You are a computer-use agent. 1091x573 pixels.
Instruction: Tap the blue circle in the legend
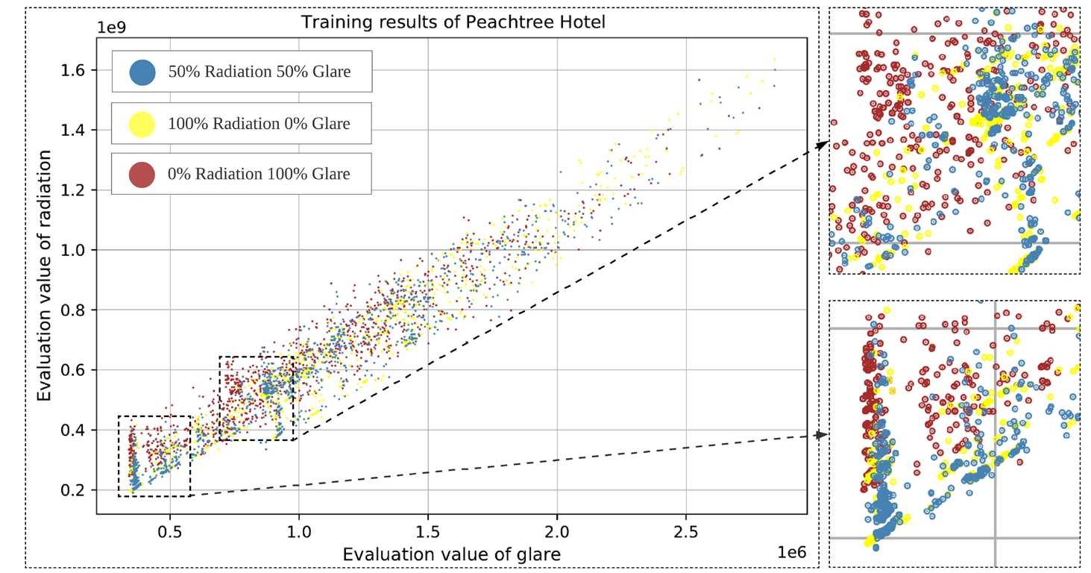142,72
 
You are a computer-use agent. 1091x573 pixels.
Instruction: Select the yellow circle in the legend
142,123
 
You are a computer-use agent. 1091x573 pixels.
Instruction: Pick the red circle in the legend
142,174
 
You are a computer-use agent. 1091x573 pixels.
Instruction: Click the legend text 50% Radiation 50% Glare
259,72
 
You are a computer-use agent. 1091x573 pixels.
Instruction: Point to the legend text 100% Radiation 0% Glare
259,123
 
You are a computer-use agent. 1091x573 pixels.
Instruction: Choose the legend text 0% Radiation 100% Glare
259,174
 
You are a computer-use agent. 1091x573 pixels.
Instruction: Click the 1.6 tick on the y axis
75,70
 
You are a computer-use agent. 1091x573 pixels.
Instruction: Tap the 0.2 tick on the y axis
75,490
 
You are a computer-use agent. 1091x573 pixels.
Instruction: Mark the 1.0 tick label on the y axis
75,250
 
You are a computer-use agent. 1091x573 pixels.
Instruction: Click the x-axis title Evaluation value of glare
451,554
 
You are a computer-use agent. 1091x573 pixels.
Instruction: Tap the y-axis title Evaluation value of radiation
45,275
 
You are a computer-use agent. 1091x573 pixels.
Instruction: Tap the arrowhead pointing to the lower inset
822,434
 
